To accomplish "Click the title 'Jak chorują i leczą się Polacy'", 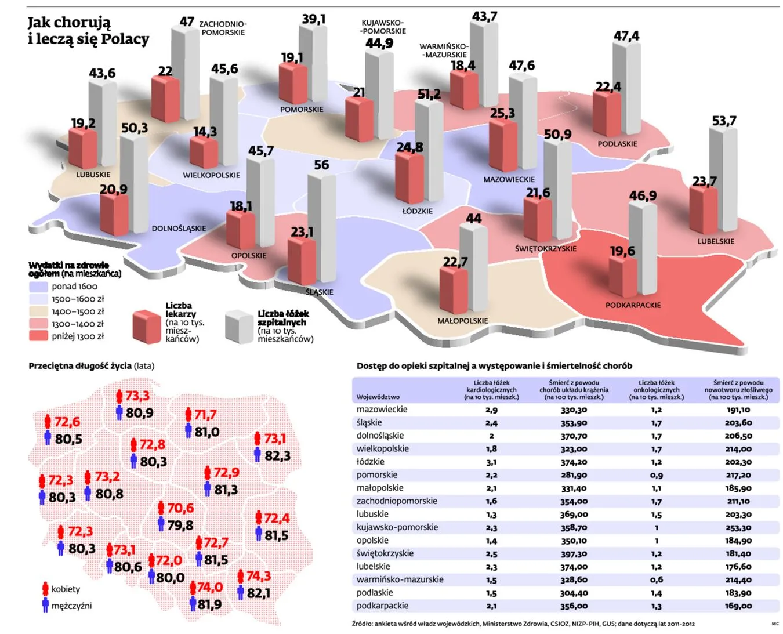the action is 88,31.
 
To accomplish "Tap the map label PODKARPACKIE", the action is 633,305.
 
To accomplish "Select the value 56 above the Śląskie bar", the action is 321,165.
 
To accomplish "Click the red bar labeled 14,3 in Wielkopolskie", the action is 204,153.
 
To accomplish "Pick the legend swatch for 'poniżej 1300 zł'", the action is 38,335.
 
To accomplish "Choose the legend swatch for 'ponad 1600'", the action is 38,287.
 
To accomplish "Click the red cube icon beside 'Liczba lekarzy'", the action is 147,327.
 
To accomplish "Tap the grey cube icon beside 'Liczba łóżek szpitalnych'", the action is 240,327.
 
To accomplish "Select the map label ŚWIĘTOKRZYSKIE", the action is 546,248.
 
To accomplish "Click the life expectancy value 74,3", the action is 259,576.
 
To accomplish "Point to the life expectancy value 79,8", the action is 180,525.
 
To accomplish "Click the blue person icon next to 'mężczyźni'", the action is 46,605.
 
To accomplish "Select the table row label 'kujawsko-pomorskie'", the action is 397,527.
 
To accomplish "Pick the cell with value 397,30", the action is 574,553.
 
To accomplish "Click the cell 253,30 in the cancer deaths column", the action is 738,527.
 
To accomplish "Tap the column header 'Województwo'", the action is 378,397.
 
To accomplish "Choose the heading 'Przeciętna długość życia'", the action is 80,365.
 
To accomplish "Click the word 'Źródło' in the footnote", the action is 362,624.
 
